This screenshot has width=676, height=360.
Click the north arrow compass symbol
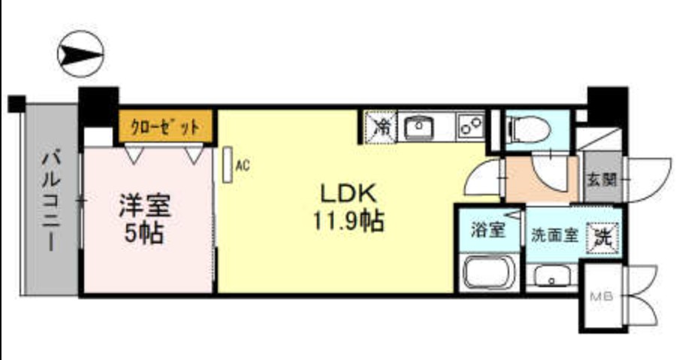click(x=80, y=54)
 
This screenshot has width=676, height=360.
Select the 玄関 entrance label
click(x=602, y=180)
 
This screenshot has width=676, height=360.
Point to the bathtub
click(x=489, y=272)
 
